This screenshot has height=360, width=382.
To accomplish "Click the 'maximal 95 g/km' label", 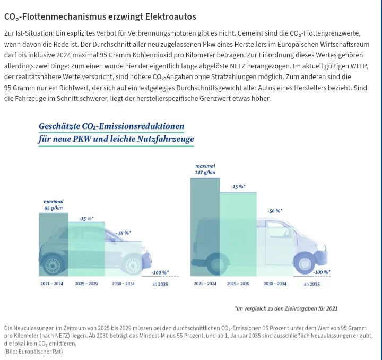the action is pyautogui.click(x=54, y=205).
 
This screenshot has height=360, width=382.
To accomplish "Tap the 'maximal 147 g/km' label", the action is pyautogui.click(x=205, y=169).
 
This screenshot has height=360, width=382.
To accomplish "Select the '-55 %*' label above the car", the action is pyautogui.click(x=123, y=233).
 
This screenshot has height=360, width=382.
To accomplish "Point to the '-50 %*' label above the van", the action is pyautogui.click(x=275, y=211).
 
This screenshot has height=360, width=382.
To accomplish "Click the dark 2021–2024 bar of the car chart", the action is pyautogui.click(x=54, y=244).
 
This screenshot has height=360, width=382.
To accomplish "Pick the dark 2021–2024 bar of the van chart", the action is pyautogui.click(x=205, y=227).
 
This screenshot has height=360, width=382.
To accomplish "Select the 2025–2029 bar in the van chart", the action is pyautogui.click(x=238, y=235).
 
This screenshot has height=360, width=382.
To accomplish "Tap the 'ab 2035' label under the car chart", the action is pyautogui.click(x=160, y=284).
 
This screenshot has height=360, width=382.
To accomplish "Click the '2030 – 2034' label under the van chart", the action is pyautogui.click(x=275, y=284).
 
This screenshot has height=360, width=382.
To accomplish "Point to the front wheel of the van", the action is pyautogui.click(x=305, y=264).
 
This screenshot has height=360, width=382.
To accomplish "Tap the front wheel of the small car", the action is pyautogui.click(x=133, y=265).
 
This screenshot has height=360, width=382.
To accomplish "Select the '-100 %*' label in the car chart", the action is pyautogui.click(x=160, y=272).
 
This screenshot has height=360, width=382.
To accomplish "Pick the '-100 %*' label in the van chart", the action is pyautogui.click(x=322, y=272).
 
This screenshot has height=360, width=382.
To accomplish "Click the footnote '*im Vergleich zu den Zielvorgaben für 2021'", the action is pyautogui.click(x=286, y=308).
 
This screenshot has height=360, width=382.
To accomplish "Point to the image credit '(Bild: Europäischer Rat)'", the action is pyautogui.click(x=33, y=352).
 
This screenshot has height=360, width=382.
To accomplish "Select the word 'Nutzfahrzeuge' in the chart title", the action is pyautogui.click(x=166, y=139).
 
